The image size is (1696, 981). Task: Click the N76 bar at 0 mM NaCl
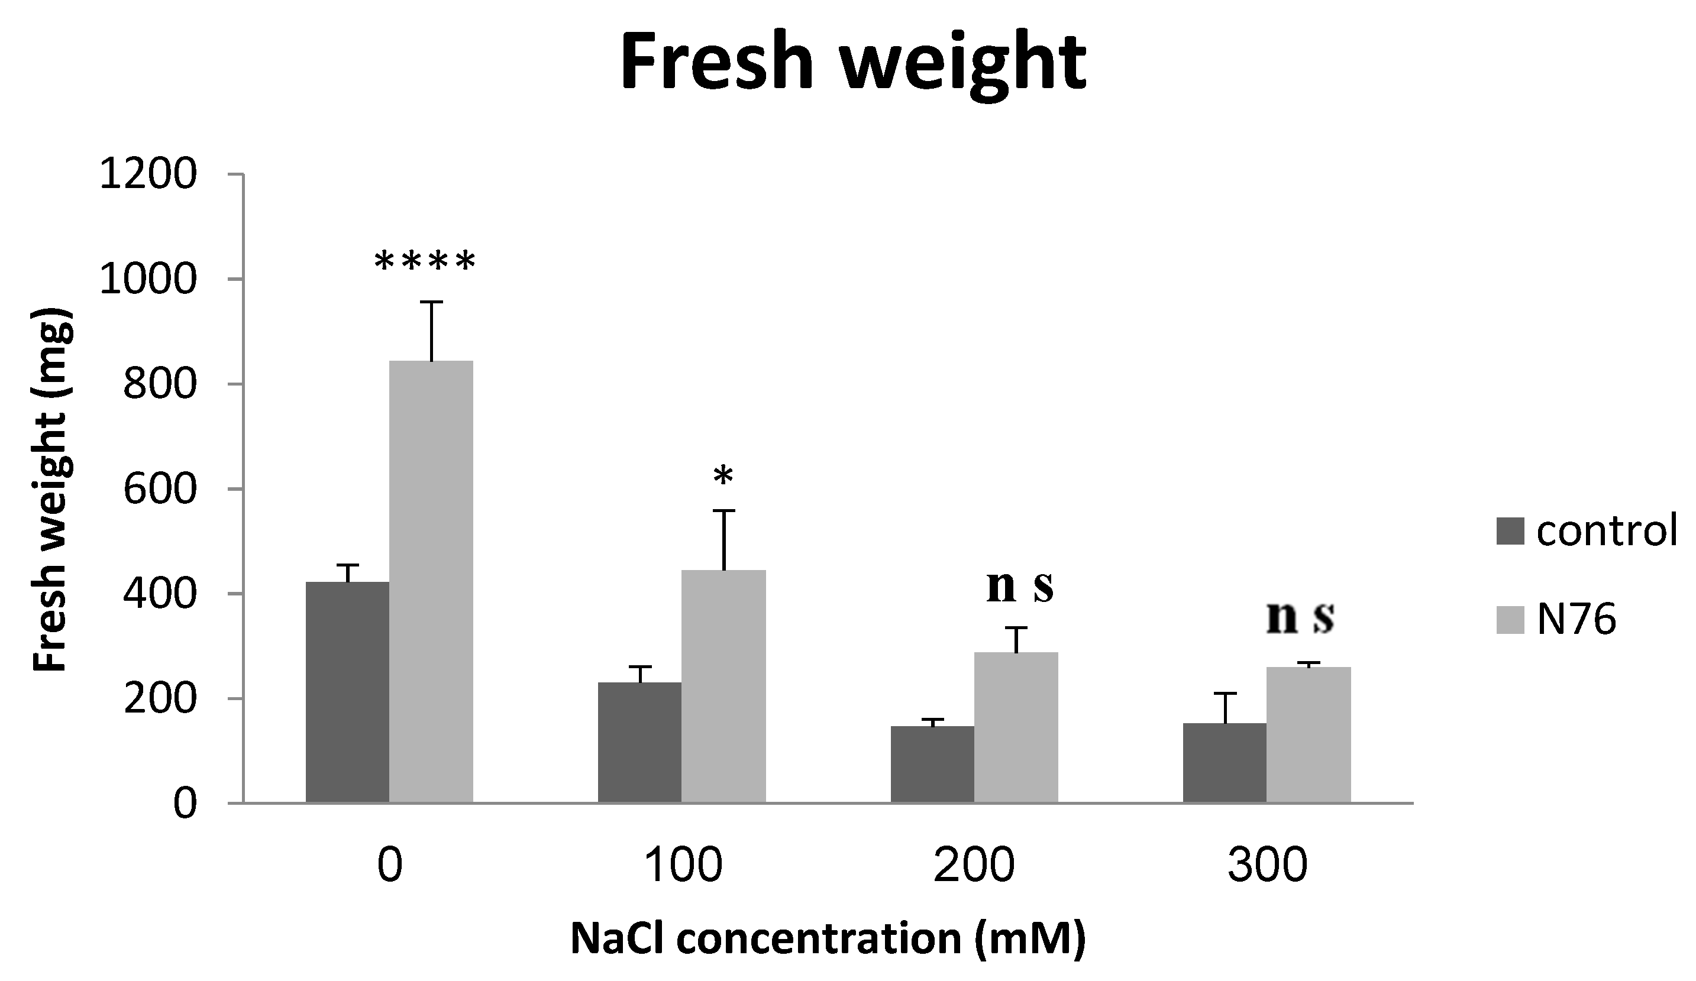(431, 582)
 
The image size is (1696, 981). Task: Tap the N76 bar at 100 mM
(723, 687)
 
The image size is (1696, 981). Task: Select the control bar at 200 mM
(932, 765)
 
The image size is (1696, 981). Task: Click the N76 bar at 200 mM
(1016, 727)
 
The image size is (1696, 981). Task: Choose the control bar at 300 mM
(1225, 763)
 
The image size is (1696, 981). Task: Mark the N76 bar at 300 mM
(1309, 735)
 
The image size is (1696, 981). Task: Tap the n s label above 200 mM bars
(1020, 587)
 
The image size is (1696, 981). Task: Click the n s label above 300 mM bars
(1300, 618)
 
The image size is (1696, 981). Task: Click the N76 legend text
(1576, 620)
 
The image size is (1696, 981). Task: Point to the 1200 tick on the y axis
(148, 175)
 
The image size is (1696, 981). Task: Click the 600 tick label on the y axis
(160, 489)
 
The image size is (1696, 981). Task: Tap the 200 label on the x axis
(974, 865)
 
